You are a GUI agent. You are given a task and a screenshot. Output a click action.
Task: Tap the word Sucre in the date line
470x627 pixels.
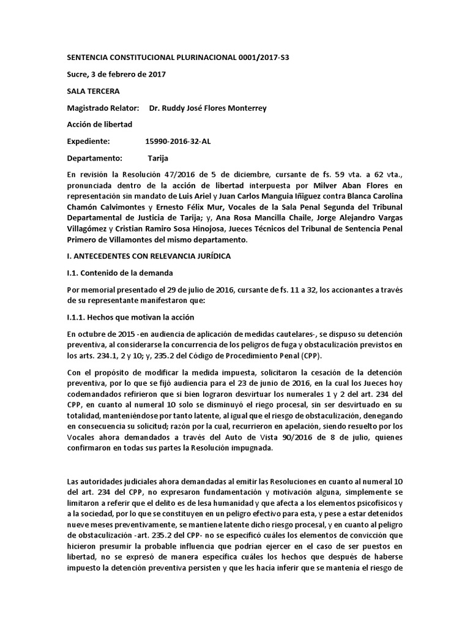(77, 75)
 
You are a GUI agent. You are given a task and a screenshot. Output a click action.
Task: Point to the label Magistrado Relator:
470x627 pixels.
(103, 108)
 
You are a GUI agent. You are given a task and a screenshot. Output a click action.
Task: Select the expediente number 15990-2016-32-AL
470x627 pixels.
(182, 141)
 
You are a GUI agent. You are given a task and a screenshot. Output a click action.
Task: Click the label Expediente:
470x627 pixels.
(88, 141)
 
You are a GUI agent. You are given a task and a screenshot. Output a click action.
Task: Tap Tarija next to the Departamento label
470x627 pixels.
(158, 158)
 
